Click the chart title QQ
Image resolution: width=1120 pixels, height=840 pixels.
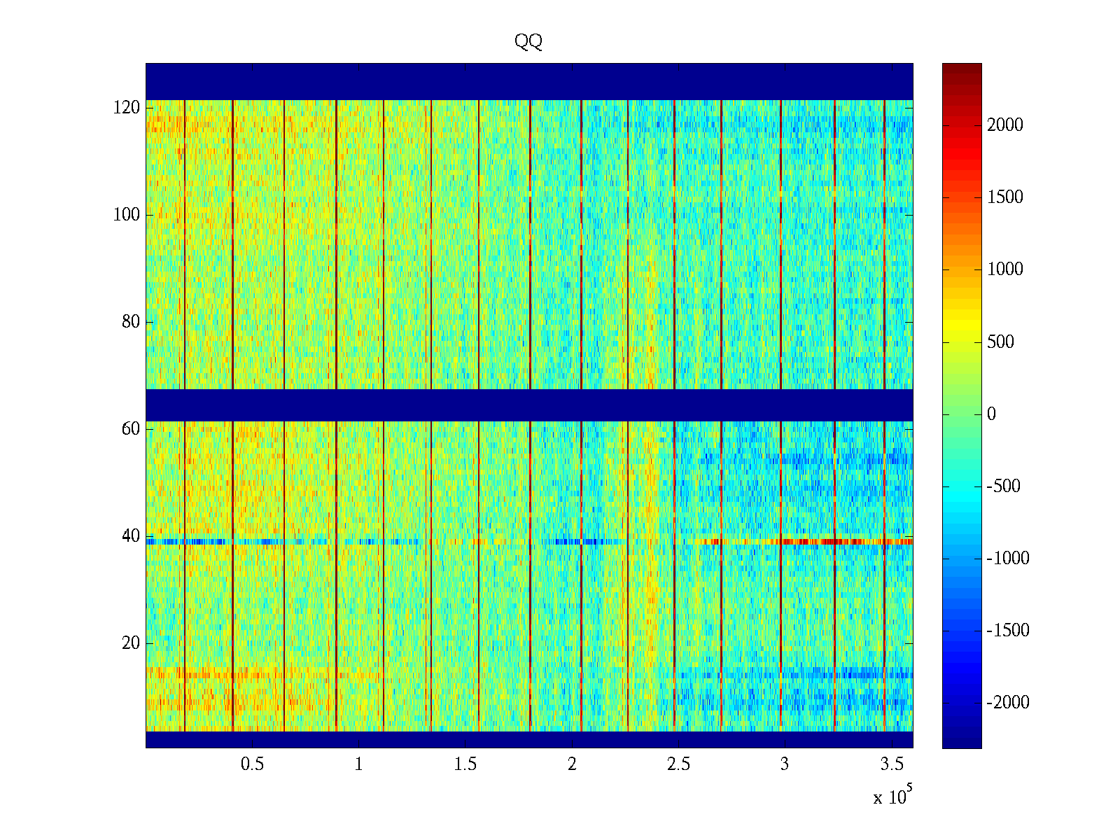(528, 42)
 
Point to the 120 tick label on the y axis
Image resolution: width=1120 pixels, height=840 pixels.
(127, 108)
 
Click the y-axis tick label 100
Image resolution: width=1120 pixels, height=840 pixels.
(127, 215)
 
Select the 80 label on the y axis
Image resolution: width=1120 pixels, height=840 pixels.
(131, 322)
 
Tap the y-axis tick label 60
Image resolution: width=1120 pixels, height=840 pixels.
(131, 429)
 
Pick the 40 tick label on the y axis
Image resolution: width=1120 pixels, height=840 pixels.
(131, 536)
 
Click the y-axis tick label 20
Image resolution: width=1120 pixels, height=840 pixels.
(131, 643)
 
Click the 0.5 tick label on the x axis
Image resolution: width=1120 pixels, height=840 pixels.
(252, 764)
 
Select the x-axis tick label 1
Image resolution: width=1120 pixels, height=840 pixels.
(358, 764)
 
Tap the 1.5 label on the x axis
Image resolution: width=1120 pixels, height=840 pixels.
(465, 764)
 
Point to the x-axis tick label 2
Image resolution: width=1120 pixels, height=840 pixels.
(572, 764)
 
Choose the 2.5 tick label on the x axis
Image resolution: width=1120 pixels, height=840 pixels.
(678, 764)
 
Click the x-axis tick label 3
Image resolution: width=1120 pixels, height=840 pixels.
(785, 764)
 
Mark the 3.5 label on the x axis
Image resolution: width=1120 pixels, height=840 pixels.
(891, 764)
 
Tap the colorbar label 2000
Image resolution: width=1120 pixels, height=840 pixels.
(1005, 125)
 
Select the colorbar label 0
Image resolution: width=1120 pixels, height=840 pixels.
(991, 414)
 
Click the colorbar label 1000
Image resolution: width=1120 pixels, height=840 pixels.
(1005, 269)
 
